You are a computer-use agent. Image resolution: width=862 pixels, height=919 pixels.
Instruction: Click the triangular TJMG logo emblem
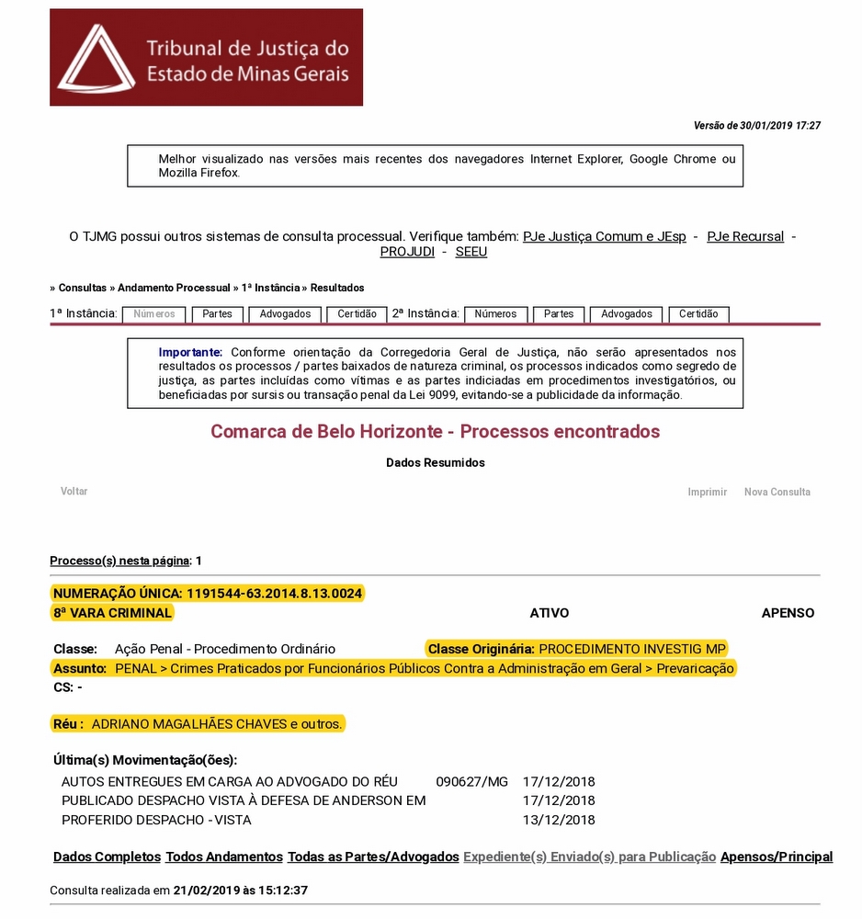[x=96, y=58]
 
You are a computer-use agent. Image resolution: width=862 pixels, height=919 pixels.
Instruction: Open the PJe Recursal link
[x=745, y=236]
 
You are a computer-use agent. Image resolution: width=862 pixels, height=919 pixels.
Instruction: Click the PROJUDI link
[x=407, y=252]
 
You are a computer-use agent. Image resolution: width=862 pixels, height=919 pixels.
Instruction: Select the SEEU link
[x=471, y=252]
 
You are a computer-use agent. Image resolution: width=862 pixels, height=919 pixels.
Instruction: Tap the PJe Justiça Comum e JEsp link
[x=604, y=236]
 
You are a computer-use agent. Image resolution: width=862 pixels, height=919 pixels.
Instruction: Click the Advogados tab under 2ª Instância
[x=627, y=314]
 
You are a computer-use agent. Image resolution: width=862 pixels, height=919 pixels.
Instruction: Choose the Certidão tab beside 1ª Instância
[x=357, y=314]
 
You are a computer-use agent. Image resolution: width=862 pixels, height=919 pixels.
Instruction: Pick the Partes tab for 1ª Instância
[x=217, y=314]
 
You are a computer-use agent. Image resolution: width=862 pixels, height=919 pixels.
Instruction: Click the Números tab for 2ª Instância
[x=495, y=314]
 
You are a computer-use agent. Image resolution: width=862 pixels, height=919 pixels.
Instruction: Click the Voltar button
[x=74, y=492]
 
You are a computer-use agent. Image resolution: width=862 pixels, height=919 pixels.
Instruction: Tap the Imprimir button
[x=708, y=493]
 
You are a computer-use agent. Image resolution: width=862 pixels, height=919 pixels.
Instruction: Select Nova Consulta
[x=777, y=493]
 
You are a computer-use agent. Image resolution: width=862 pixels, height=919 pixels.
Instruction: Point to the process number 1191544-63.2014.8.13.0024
[x=275, y=594]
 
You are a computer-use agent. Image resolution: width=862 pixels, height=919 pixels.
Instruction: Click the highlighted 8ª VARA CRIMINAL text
[x=112, y=613]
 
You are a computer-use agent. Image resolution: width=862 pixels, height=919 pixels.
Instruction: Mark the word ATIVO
[x=550, y=613]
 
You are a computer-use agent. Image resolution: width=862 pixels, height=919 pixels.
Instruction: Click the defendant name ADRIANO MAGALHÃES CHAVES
[x=189, y=724]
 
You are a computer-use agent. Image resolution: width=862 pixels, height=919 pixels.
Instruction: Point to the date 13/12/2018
[x=559, y=820]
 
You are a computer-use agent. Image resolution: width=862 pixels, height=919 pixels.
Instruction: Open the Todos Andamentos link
[x=224, y=857]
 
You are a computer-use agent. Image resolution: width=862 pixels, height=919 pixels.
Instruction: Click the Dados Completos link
[x=107, y=857]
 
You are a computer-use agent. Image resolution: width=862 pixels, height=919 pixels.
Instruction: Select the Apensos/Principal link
[x=777, y=857]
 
